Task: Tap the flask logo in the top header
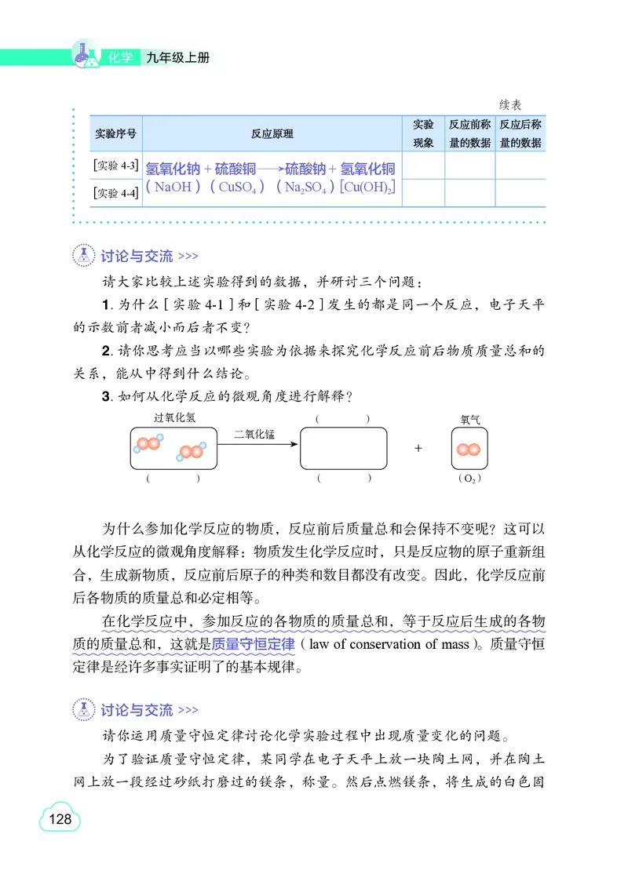tap(86, 53)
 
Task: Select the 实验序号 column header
tap(115, 134)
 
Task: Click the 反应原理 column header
tap(272, 134)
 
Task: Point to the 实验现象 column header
tap(423, 133)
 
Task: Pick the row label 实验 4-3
tap(115, 166)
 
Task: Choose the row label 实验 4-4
tap(115, 193)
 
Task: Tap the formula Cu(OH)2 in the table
tap(367, 188)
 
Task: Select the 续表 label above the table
tap(511, 104)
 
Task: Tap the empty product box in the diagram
tap(344, 448)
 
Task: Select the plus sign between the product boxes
tap(418, 448)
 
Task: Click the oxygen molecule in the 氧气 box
tap(469, 450)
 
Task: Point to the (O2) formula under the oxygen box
tap(469, 478)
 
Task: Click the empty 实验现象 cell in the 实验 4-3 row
tap(423, 166)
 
